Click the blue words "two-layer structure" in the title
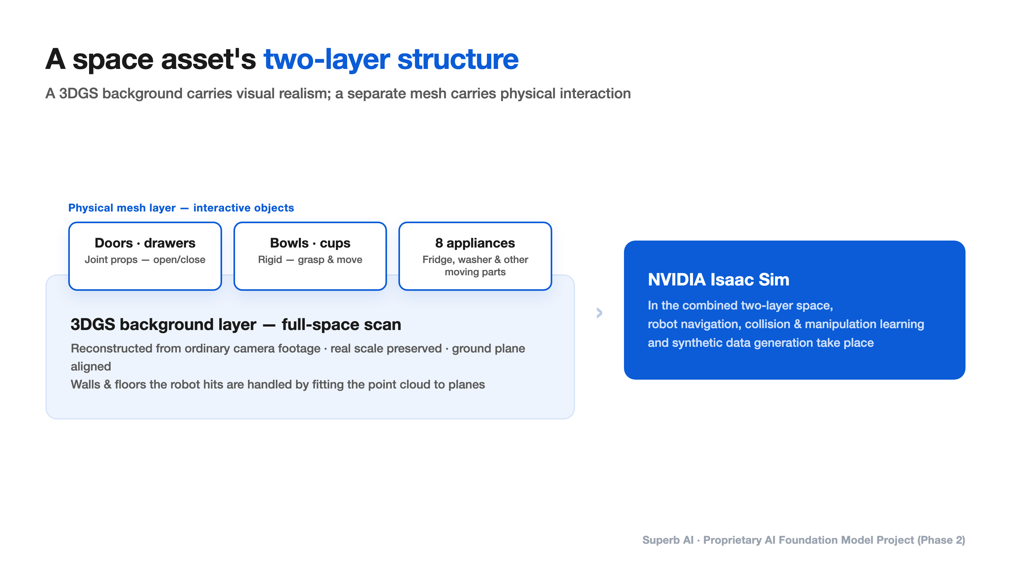tap(391, 59)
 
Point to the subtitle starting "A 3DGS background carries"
tap(338, 94)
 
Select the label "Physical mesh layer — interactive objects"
tap(181, 208)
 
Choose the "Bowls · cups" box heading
tap(310, 243)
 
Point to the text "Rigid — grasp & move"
tap(310, 260)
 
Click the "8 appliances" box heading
tap(475, 243)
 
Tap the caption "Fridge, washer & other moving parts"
tap(475, 266)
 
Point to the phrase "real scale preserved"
tap(386, 348)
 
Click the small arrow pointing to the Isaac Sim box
tap(599, 313)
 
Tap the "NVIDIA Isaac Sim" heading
tap(718, 279)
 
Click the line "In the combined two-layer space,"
tap(740, 305)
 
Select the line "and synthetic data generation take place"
tap(760, 343)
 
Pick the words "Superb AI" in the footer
tap(668, 540)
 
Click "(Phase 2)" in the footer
tap(941, 540)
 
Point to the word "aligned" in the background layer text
tap(91, 366)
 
